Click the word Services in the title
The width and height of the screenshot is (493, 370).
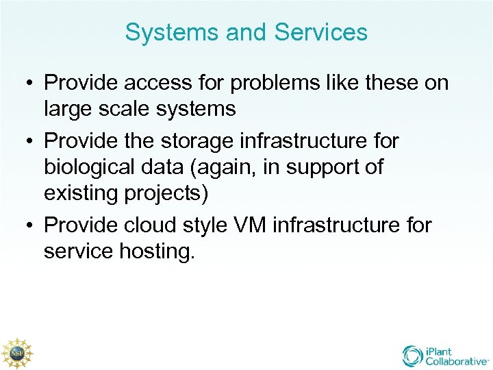point(320,32)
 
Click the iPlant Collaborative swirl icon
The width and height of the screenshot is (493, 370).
point(412,356)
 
